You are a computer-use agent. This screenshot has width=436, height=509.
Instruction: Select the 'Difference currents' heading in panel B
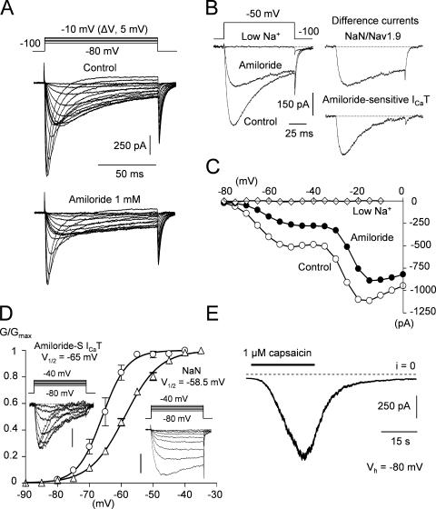tap(380, 18)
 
